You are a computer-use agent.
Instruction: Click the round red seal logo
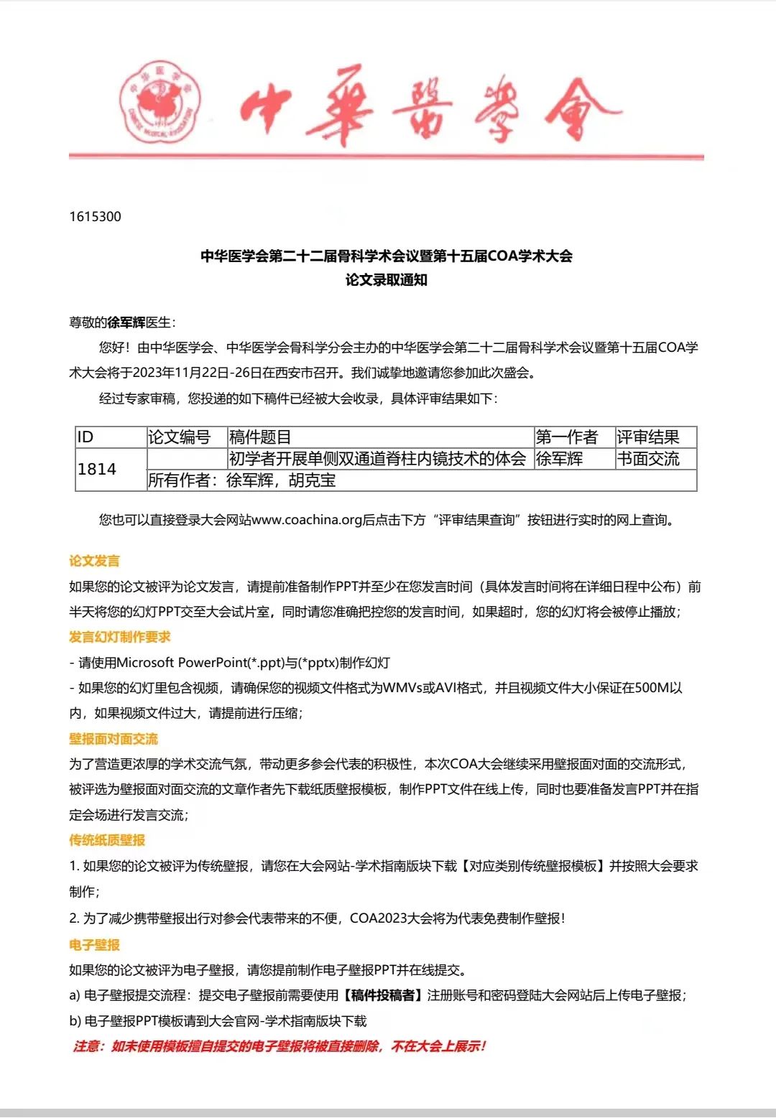pos(160,102)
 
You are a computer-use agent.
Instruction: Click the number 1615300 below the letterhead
pos(96,217)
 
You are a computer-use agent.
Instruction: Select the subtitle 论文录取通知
pos(387,280)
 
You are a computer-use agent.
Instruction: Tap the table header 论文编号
pos(179,437)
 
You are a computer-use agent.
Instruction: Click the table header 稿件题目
pos(260,437)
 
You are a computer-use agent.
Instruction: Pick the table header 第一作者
pos(566,437)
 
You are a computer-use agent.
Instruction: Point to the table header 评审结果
pos(647,437)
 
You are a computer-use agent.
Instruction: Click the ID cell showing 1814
pos(97,469)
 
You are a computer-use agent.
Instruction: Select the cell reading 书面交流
pos(647,459)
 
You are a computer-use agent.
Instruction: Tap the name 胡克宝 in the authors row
pos(313,480)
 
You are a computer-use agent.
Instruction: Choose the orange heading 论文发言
pos(94,561)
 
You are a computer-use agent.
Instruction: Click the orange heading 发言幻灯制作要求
pos(119,637)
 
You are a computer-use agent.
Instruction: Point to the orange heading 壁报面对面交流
pos(114,739)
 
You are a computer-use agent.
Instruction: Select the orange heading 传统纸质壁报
pos(107,840)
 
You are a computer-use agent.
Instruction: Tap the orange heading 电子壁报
pos(94,945)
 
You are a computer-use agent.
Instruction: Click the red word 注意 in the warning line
pos(86,1046)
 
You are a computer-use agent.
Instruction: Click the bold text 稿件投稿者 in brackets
pos(383,995)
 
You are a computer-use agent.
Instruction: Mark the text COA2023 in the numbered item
pos(378,918)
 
